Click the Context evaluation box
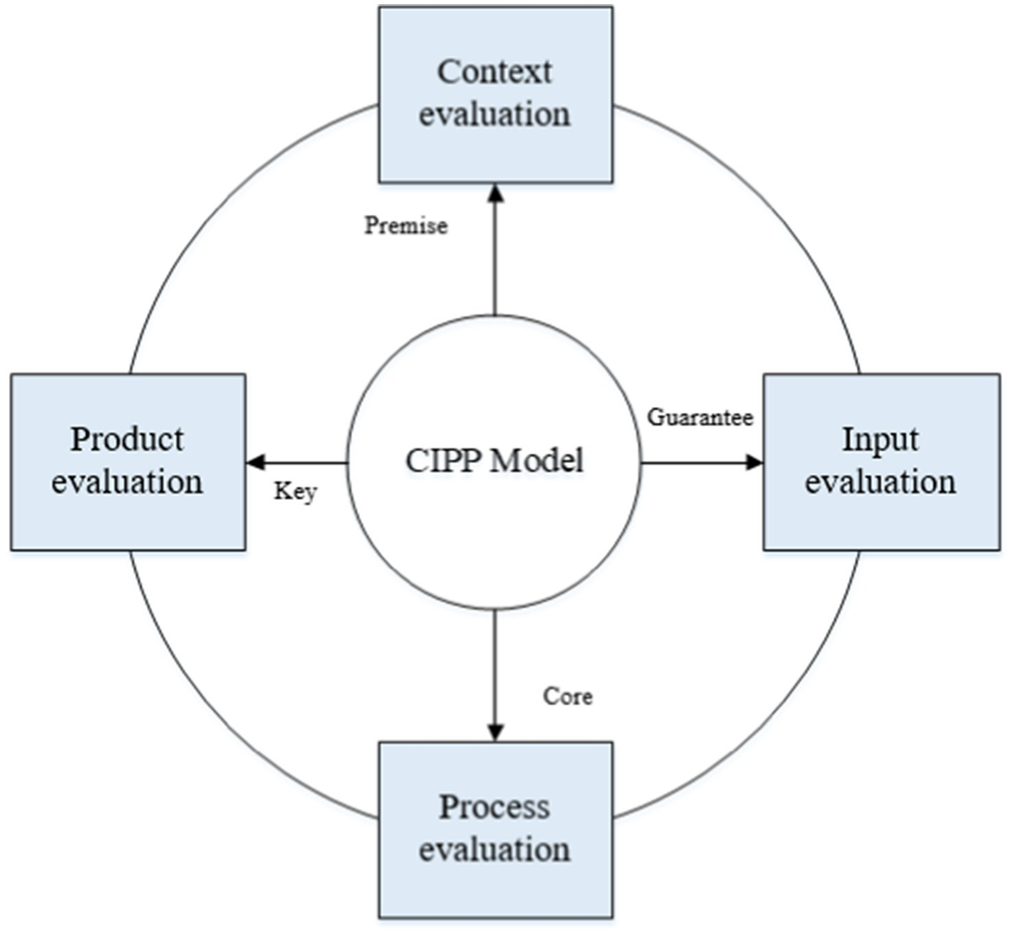click(496, 95)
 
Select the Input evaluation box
click(881, 462)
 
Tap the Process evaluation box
click(496, 829)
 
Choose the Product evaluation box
click(128, 462)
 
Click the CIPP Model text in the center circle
click(495, 461)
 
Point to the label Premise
click(406, 225)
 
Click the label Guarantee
click(700, 416)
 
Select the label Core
click(567, 696)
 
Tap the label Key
click(295, 491)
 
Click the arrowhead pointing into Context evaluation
click(496, 193)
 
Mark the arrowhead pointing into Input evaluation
click(754, 462)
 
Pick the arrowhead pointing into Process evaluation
click(496, 732)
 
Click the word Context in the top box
click(495, 72)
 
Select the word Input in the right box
click(880, 439)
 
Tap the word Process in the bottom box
click(495, 806)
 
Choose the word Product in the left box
click(127, 439)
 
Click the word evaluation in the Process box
click(495, 849)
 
